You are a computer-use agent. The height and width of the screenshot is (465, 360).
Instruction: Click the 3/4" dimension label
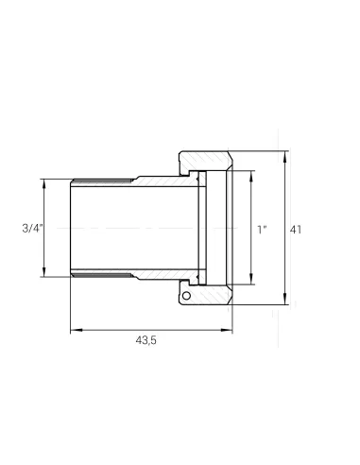pos(32,228)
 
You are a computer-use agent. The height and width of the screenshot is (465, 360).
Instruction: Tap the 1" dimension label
pos(262,230)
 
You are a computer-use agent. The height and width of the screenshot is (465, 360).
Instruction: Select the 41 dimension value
pos(296,230)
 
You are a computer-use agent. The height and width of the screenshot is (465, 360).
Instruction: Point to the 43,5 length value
pos(146,340)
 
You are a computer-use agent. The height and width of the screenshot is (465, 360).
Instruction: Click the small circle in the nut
pos(186,296)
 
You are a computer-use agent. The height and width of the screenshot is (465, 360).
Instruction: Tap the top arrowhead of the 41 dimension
pos(285,157)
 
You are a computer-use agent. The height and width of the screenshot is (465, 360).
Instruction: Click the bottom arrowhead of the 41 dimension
pos(285,299)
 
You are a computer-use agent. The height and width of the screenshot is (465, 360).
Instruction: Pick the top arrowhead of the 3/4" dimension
pos(43,184)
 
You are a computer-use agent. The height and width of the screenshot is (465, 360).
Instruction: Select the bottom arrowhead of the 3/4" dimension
pos(43,271)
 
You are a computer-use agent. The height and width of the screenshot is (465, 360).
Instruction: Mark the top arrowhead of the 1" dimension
pos(251,177)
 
